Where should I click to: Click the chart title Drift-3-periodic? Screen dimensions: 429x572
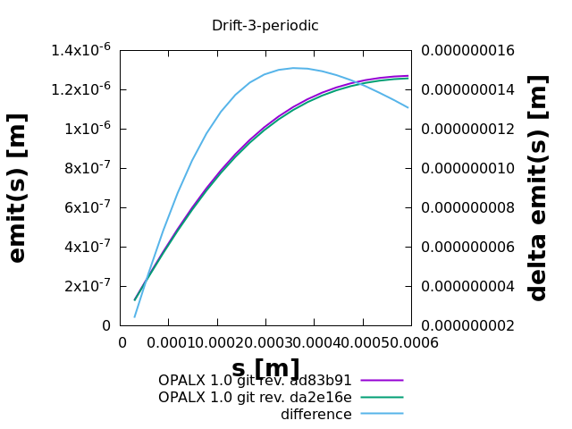(265, 26)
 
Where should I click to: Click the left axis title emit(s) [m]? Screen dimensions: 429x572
(17, 188)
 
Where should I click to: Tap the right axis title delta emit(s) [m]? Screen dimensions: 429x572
(538, 188)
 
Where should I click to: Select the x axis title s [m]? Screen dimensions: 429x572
(265, 368)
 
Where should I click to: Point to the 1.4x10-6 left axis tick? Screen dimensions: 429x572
(80, 50)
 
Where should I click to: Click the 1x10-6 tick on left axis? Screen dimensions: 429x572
(86, 129)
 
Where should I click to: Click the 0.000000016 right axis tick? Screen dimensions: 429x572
(468, 50)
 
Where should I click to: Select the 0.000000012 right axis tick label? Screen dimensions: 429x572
(468, 129)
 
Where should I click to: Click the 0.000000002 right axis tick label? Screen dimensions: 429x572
(468, 325)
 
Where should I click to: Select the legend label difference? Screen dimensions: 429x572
(315, 415)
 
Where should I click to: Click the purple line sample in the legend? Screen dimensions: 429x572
(382, 381)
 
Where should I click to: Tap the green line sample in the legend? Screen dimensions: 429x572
(382, 398)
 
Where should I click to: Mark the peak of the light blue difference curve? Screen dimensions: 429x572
(294, 68)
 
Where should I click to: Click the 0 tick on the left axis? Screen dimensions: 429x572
(105, 325)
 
